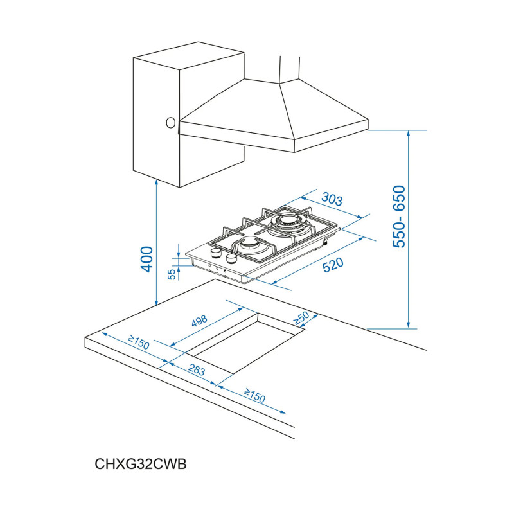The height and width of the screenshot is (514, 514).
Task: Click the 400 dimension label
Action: [x=147, y=259]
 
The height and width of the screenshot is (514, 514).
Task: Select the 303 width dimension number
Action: [x=332, y=200]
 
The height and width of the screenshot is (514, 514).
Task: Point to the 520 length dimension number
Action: [x=333, y=265]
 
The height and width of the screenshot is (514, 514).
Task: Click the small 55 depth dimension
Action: [x=172, y=274]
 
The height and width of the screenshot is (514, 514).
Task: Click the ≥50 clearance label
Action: [x=301, y=317]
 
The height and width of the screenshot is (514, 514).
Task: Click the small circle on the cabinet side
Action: [x=170, y=122]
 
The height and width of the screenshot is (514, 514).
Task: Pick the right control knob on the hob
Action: [x=230, y=259]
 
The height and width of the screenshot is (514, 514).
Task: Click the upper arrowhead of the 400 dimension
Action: [x=157, y=182]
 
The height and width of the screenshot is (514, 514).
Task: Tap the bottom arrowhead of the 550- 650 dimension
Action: [x=409, y=324]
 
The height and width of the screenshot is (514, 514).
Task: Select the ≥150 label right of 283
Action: [x=255, y=396]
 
